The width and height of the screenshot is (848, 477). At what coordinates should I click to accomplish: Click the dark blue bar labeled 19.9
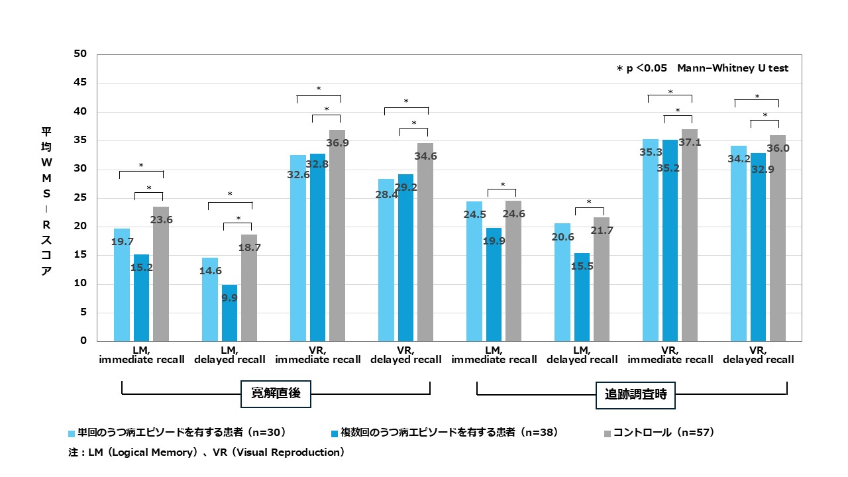(494, 284)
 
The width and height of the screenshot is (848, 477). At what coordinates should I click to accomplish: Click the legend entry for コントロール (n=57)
(662, 433)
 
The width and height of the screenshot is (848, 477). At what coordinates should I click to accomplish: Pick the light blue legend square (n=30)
(72, 433)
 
